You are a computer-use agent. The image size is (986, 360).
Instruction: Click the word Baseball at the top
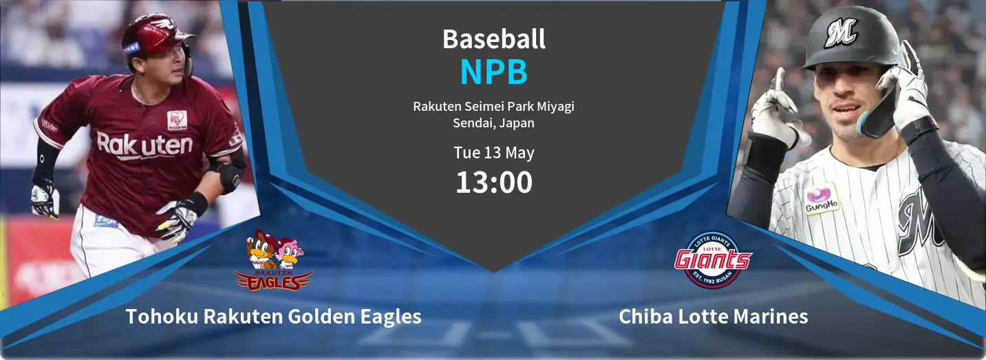coord(494,39)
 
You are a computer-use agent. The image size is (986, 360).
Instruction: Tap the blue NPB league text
coord(494,72)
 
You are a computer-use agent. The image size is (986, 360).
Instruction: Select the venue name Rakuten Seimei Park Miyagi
coord(493,107)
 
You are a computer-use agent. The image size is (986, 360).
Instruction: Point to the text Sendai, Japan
coord(493,123)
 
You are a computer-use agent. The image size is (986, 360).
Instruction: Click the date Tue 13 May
coord(494,153)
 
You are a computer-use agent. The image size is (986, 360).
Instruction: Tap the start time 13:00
coord(494,182)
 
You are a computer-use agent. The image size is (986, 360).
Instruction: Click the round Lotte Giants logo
coord(713,260)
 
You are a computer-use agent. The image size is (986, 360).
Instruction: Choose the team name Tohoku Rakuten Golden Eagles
coord(273,317)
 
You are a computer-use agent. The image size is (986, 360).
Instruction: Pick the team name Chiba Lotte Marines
coord(713,317)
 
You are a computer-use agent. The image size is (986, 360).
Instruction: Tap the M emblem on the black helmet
coord(841,32)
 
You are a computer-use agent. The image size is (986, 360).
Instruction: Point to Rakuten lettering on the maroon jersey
coord(144,145)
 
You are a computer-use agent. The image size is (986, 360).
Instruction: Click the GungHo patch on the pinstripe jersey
coord(822,199)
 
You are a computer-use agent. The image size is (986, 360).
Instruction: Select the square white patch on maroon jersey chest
coord(177,120)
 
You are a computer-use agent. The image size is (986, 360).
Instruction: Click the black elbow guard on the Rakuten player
coord(229,174)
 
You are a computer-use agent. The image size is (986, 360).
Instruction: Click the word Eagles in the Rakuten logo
coord(273,282)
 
